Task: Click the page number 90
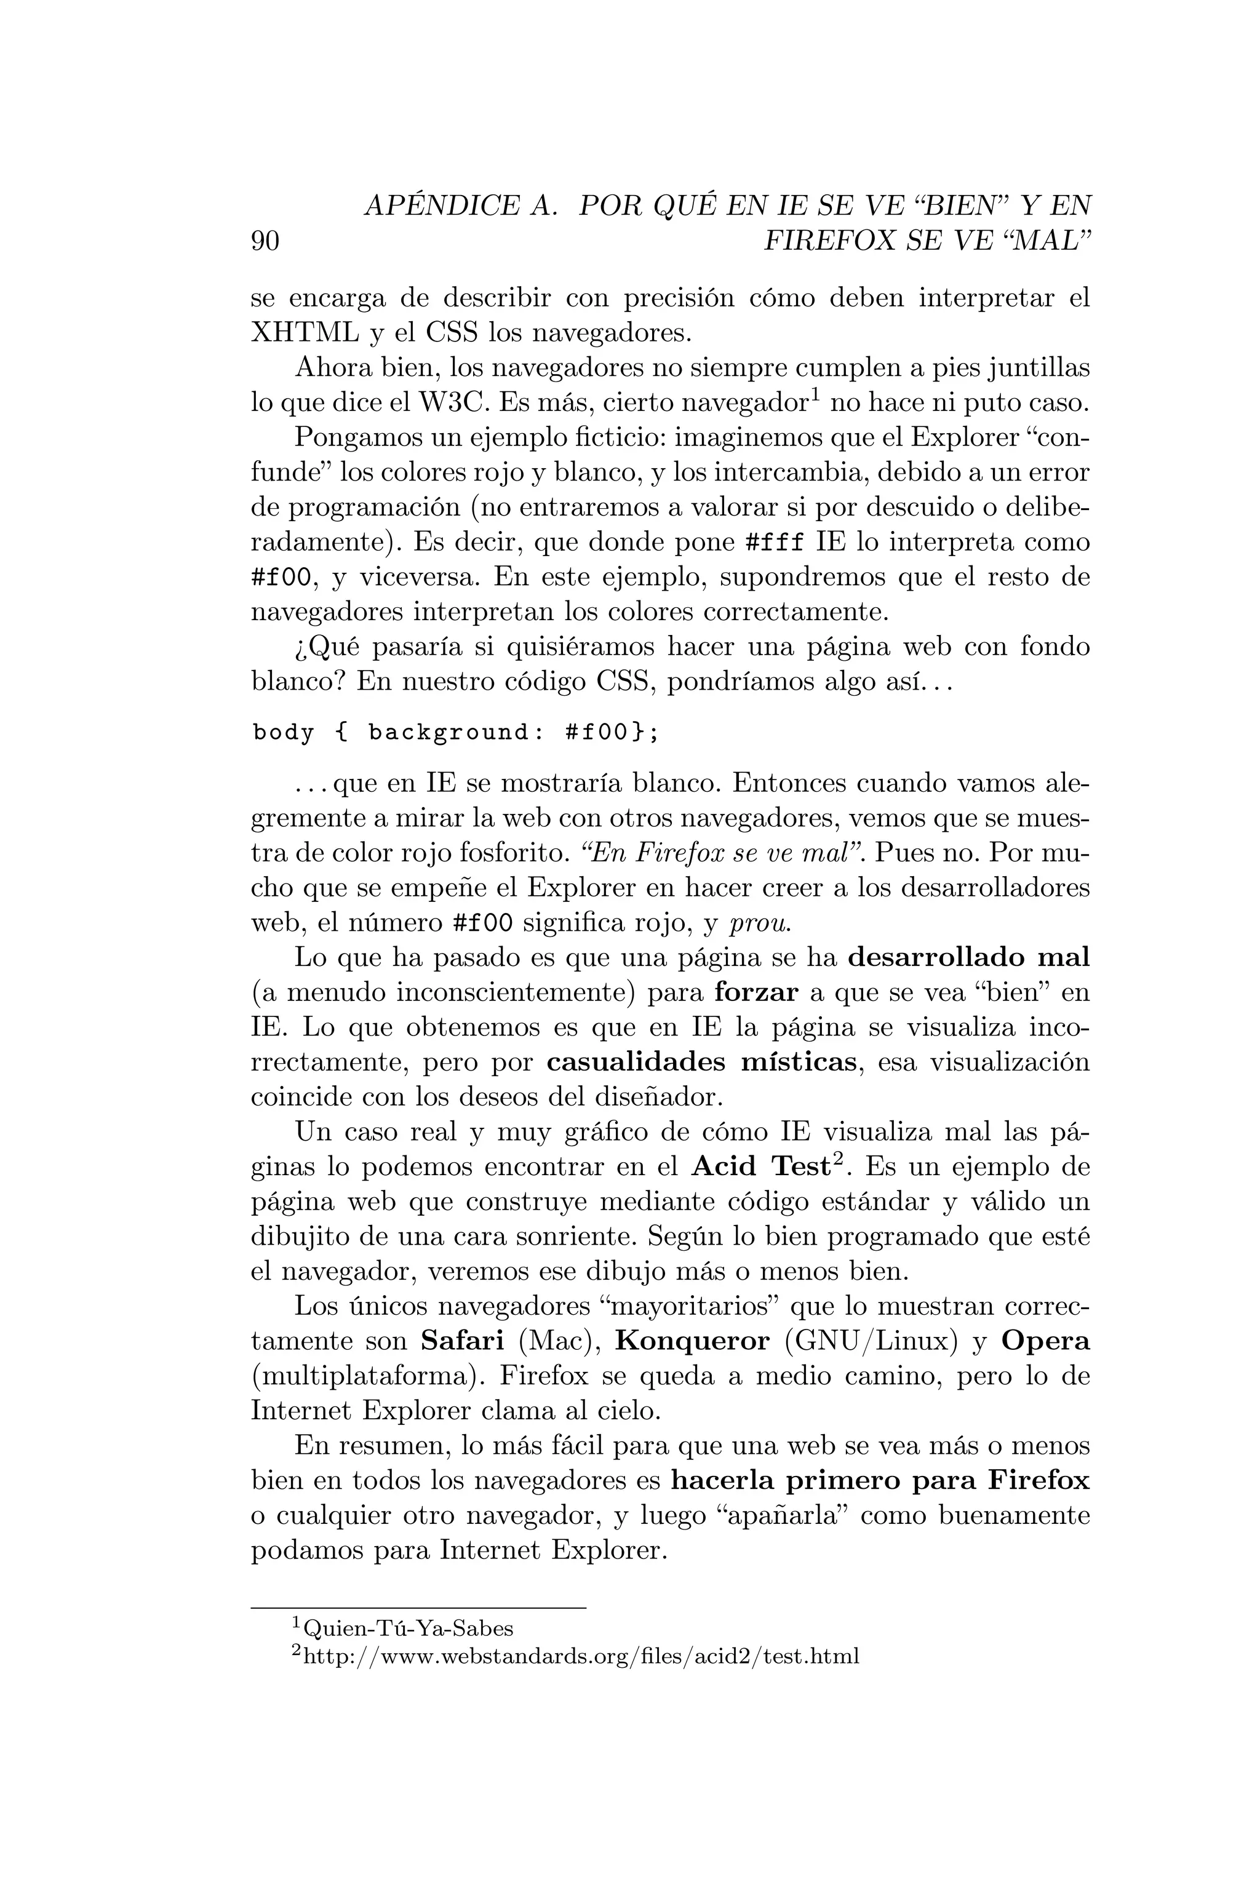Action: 265,241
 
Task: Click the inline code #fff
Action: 775,543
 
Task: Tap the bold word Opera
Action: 1045,1341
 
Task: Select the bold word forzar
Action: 756,993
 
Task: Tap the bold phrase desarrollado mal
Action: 969,958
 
